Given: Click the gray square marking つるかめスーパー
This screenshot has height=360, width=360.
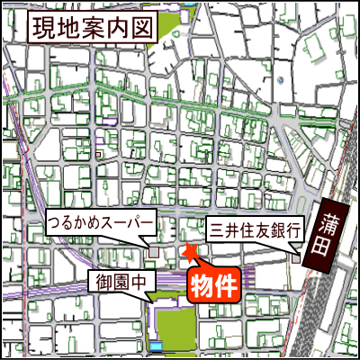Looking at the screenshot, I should pos(154,251).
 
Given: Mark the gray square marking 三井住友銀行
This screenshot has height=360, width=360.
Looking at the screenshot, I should pos(297,258).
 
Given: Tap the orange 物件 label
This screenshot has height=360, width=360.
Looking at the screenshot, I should pos(215,285).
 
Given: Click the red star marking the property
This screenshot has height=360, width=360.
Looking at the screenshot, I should pos(190,252).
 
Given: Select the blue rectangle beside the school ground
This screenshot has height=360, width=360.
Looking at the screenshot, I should pos(157,346).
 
